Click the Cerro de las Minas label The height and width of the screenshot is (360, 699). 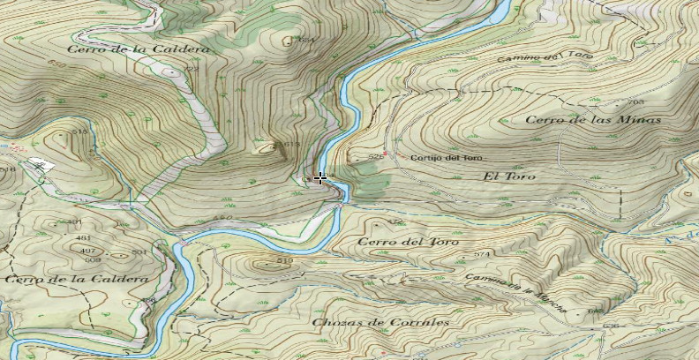(x=592, y=120)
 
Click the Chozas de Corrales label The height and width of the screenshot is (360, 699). (x=380, y=322)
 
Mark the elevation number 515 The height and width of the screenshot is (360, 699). (x=80, y=131)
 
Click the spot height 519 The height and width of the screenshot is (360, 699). (x=284, y=261)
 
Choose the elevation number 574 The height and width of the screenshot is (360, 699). (x=481, y=255)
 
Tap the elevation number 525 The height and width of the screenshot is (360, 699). (x=375, y=157)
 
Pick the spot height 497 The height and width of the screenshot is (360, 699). (x=88, y=251)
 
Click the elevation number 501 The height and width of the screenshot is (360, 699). (x=139, y=252)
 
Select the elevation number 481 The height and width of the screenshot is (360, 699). (x=83, y=238)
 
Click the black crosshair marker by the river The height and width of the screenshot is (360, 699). (x=320, y=178)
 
